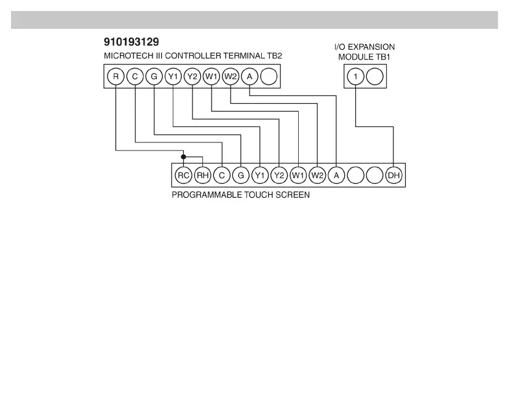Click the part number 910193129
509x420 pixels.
click(x=132, y=43)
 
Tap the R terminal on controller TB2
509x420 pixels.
click(x=116, y=77)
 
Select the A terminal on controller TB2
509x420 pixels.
click(x=249, y=77)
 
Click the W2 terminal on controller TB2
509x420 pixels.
click(x=230, y=77)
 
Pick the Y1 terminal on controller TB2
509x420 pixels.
click(x=173, y=77)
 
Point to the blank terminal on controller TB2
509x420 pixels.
click(x=268, y=77)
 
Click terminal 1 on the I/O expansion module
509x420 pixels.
click(x=355, y=77)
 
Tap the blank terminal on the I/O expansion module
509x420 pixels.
click(x=374, y=77)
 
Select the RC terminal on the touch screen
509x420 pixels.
click(x=183, y=176)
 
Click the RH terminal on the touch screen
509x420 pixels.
click(x=202, y=176)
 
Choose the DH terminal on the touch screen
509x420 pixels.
click(x=393, y=176)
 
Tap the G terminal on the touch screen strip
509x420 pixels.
click(x=240, y=176)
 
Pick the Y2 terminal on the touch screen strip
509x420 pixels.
click(x=279, y=176)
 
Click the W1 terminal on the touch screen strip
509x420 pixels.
click(x=298, y=176)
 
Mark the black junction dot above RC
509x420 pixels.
click(x=183, y=157)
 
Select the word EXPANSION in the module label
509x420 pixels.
click(x=373, y=47)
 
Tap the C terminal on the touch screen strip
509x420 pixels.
click(x=221, y=176)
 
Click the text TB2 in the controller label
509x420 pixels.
click(x=274, y=56)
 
